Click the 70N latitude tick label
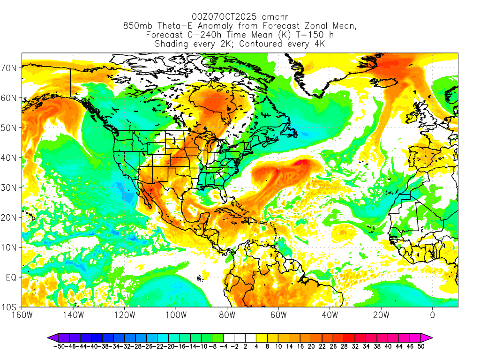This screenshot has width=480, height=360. point(10,68)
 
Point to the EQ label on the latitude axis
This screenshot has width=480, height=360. point(11,277)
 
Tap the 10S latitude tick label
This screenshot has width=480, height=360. point(10,307)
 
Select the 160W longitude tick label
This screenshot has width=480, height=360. point(22,315)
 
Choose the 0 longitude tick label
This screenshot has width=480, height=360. point(432,315)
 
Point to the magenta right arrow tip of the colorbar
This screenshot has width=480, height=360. point(430,337)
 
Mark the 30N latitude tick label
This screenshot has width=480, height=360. point(10,187)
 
